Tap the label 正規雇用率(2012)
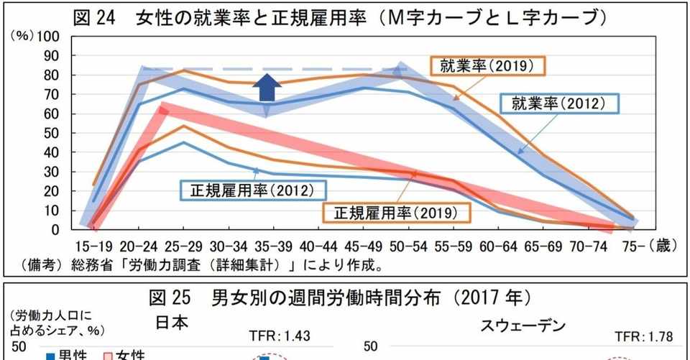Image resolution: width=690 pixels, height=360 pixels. coord(252,190)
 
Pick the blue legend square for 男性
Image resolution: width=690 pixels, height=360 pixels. coord(50,354)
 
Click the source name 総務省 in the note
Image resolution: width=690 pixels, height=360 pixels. coord(87,265)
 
